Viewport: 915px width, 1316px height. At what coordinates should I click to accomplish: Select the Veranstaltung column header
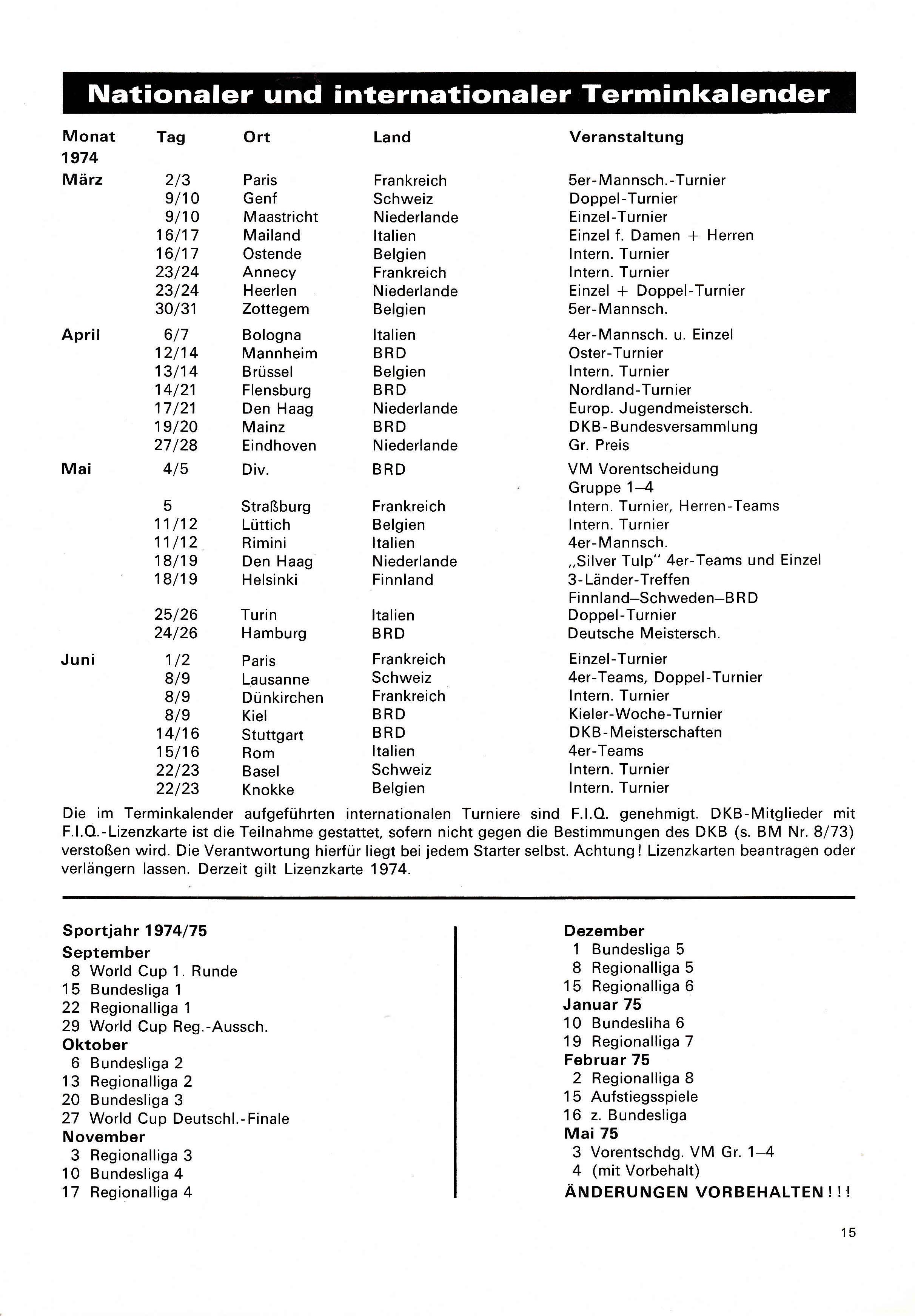click(626, 137)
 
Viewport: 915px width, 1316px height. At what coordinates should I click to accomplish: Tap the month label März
click(82, 180)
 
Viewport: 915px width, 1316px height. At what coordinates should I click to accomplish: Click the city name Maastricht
click(280, 217)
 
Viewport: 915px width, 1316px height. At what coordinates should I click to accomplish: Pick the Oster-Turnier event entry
click(615, 353)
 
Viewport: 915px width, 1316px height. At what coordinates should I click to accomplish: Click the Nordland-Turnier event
click(630, 390)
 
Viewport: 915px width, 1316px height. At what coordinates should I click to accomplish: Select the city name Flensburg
click(276, 390)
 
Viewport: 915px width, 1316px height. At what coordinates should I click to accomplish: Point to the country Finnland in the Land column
click(402, 580)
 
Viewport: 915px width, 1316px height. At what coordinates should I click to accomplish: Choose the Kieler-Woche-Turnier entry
click(645, 714)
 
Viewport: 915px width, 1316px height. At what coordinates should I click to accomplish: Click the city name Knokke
click(268, 789)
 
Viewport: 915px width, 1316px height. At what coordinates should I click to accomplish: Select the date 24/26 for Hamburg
click(176, 633)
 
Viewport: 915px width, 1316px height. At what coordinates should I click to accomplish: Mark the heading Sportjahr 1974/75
click(135, 930)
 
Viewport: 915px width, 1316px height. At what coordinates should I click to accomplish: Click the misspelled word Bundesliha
click(637, 1023)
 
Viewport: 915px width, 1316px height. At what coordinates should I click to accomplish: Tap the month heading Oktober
click(94, 1044)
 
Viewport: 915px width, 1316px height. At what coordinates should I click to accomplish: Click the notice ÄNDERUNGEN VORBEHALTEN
click(707, 1192)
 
